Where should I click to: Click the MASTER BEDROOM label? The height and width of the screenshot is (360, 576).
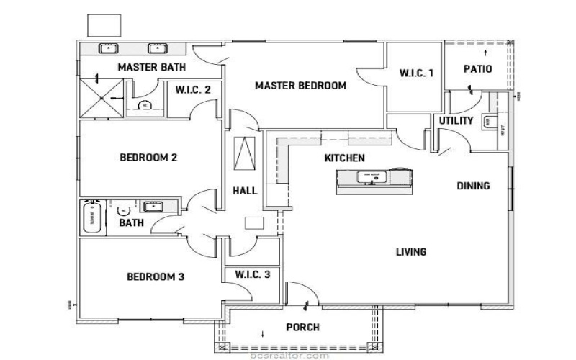tap(300, 86)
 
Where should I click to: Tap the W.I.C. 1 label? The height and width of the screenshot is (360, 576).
tap(416, 73)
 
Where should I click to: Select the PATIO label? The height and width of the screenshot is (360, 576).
tap(477, 70)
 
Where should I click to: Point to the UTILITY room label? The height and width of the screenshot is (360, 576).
tap(456, 121)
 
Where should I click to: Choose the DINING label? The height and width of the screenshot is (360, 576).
tap(473, 186)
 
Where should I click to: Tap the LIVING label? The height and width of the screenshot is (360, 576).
tap(411, 252)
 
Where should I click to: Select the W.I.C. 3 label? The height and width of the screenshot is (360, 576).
tap(253, 274)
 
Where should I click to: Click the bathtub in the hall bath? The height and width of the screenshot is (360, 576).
tap(91, 217)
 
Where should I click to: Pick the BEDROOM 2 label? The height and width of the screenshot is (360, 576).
tap(148, 158)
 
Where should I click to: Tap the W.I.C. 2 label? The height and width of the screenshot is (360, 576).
tap(193, 91)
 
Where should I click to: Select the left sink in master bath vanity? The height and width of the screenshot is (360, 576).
tap(108, 49)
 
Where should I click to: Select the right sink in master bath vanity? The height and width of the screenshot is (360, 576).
tap(156, 49)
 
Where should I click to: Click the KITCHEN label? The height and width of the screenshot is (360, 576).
tap(344, 158)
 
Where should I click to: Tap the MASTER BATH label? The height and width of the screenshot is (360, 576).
tap(151, 67)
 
